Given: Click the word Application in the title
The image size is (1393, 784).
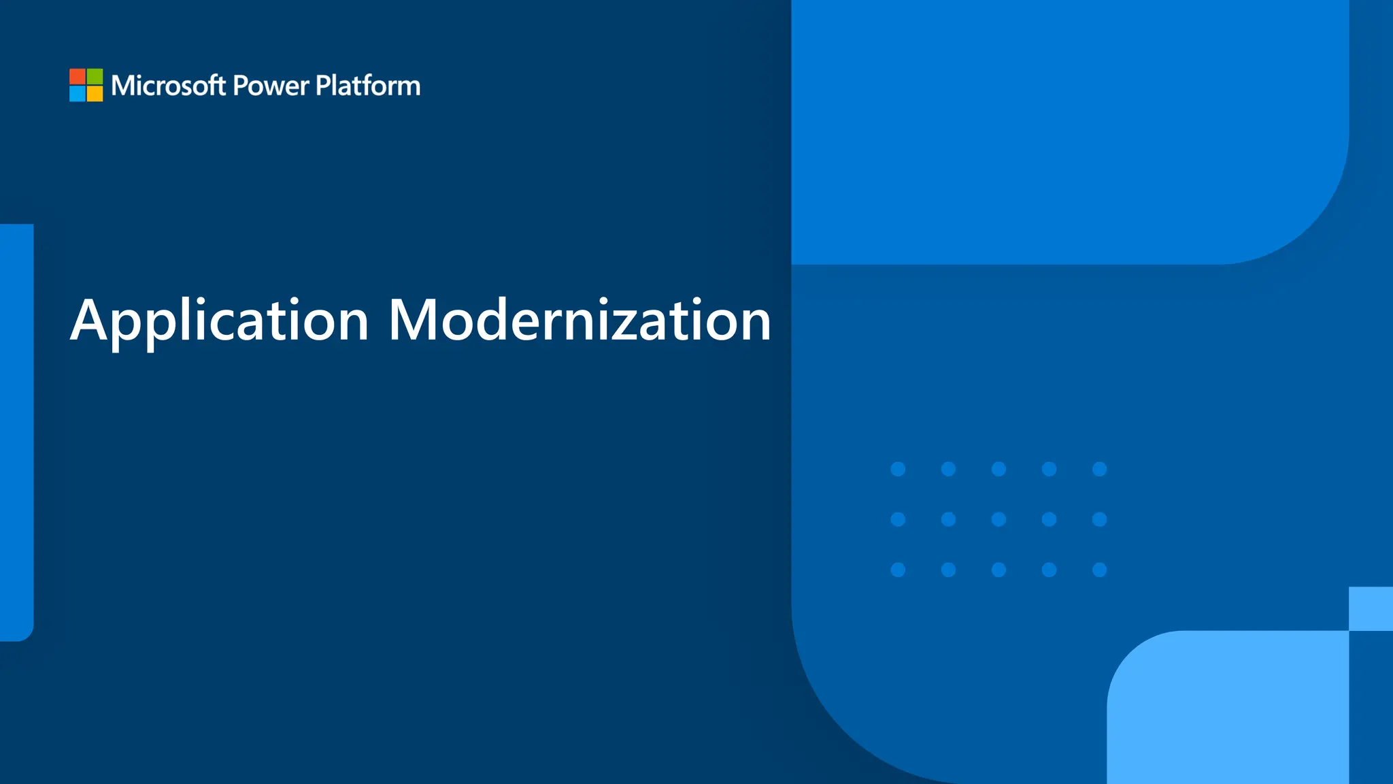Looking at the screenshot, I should click(x=219, y=320).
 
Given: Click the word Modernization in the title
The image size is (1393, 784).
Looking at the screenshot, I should click(x=580, y=320).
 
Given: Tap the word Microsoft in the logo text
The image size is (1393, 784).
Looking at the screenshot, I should click(x=168, y=86).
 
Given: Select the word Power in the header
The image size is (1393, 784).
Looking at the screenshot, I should click(x=271, y=86).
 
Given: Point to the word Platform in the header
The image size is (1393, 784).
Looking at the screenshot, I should click(x=368, y=86).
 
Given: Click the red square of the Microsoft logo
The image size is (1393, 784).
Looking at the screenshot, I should click(x=77, y=76).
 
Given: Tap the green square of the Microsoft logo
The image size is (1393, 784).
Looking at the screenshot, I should click(x=95, y=76).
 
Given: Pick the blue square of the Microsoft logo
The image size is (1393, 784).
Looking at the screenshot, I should click(x=77, y=94).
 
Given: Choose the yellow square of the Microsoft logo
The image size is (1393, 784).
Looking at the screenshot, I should click(x=95, y=94).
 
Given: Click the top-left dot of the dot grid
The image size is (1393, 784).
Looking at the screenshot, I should click(x=898, y=469).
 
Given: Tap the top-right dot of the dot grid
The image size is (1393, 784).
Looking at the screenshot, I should click(x=1099, y=469).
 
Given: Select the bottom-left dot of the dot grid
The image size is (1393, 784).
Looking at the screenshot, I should click(x=898, y=570).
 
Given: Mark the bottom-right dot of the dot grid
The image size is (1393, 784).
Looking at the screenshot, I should click(x=1099, y=570).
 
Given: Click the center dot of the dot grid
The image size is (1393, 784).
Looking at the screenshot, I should click(x=998, y=519).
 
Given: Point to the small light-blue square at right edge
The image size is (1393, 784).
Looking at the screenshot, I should click(x=1371, y=608).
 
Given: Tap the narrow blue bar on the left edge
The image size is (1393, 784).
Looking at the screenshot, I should click(x=16, y=432).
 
